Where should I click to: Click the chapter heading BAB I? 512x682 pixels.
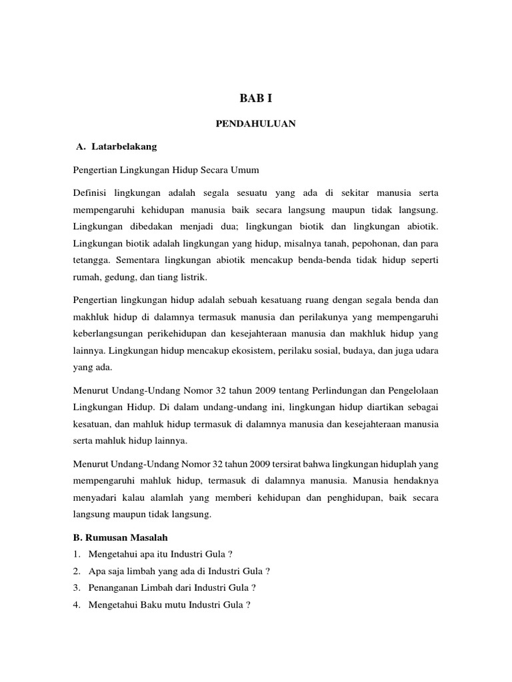pyautogui.click(x=256, y=99)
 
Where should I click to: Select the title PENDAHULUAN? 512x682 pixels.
pyautogui.click(x=256, y=123)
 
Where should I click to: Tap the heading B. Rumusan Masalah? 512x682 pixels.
pyautogui.click(x=121, y=537)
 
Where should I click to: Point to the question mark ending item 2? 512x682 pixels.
pyautogui.click(x=268, y=571)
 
